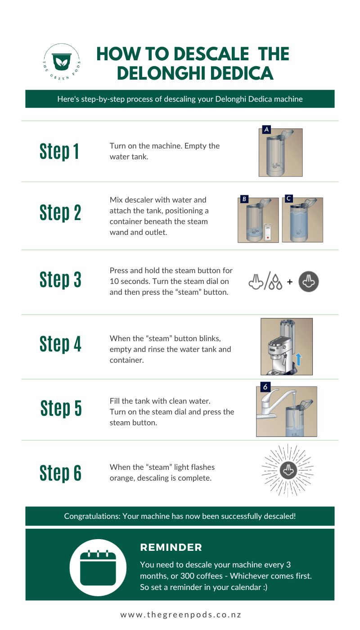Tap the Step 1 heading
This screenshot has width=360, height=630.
tap(59, 151)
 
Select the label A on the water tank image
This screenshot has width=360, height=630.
tap(266, 130)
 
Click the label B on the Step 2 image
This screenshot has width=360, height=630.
tap(244, 199)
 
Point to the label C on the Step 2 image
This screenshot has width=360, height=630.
tap(289, 198)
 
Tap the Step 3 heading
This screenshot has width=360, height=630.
tap(60, 279)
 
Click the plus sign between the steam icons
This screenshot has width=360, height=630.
tap(290, 282)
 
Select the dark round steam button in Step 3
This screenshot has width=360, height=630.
tap(309, 282)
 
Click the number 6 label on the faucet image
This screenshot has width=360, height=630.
tap(265, 387)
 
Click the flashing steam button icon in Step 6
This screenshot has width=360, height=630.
tap(288, 471)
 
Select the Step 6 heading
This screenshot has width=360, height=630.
tap(60, 472)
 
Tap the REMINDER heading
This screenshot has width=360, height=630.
tap(171, 547)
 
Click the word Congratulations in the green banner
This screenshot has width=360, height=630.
tap(91, 516)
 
